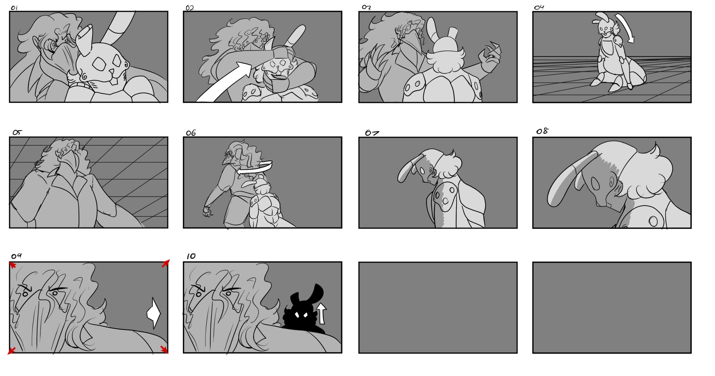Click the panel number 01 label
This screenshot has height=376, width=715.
click(14, 8)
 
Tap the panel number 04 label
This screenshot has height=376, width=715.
click(539, 8)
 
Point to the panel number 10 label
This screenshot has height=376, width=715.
click(191, 256)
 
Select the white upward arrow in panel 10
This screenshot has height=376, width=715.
click(322, 313)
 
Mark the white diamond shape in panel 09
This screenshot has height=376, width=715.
click(154, 313)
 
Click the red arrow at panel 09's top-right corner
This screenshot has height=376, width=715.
click(166, 263)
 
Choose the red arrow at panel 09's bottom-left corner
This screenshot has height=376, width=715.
click(11, 351)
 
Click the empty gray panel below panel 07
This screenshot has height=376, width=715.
click(438, 308)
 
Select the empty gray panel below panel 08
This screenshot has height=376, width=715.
click(612, 308)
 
